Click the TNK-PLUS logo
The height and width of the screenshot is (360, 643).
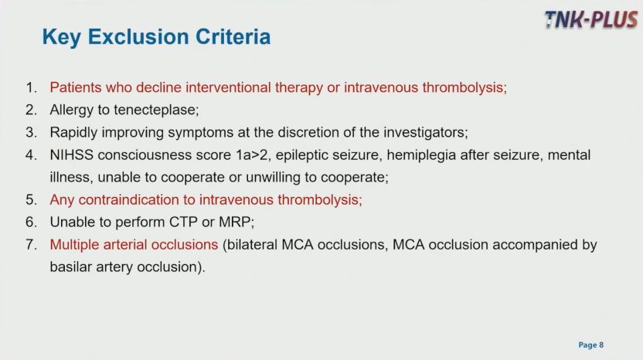[591, 19]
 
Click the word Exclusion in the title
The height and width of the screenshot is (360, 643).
[138, 36]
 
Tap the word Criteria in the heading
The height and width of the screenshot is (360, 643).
[233, 36]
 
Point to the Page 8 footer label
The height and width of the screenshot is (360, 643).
[591, 345]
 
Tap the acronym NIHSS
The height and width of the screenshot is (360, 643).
[71, 155]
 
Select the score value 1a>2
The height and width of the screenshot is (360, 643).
[251, 155]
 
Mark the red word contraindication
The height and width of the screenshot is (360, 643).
[129, 199]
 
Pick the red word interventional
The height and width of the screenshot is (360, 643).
[228, 87]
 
